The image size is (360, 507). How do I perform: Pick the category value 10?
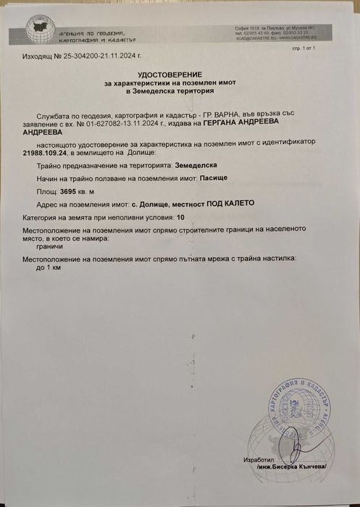point(180,216)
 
